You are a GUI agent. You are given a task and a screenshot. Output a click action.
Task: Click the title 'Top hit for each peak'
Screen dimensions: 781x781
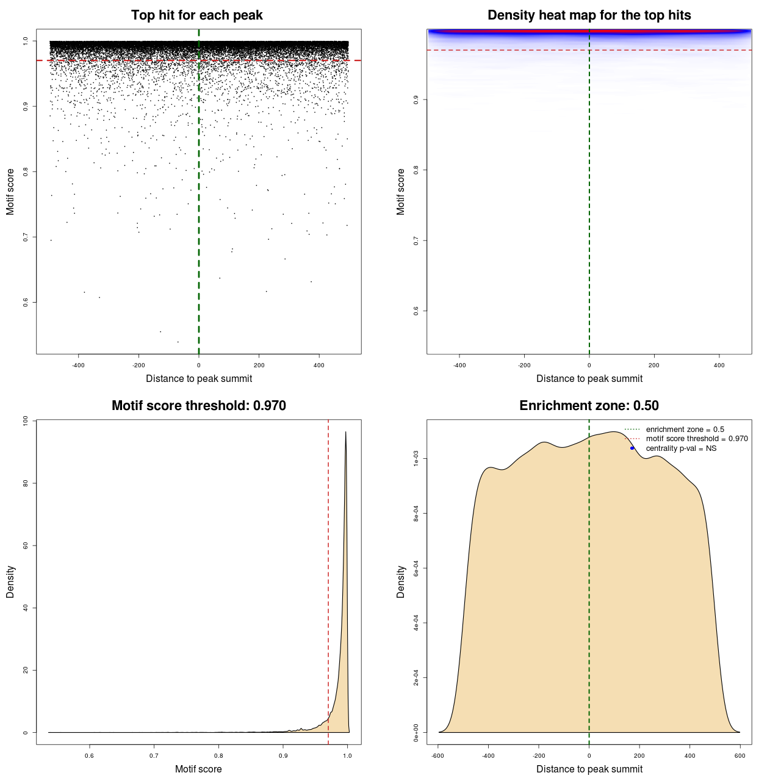coord(196,15)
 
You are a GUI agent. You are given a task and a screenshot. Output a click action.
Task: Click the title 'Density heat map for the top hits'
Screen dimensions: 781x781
coord(589,15)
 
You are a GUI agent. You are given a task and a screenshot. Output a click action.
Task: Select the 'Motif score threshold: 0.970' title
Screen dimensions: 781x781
coord(198,406)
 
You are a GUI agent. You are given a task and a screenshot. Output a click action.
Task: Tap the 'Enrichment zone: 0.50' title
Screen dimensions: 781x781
coord(589,406)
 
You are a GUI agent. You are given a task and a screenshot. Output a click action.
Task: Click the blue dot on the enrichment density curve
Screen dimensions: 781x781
coord(632,448)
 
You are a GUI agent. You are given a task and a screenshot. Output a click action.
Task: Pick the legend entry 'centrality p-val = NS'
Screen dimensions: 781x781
coord(681,448)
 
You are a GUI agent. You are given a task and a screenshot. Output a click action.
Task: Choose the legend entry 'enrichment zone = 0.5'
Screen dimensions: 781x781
coord(685,430)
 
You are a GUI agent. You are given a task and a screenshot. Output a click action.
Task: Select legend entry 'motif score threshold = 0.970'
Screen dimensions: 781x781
coord(697,439)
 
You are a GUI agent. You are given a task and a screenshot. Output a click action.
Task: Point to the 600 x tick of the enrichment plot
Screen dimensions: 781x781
coord(740,756)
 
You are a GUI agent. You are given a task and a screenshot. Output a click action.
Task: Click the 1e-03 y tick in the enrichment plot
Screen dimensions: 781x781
coord(416,459)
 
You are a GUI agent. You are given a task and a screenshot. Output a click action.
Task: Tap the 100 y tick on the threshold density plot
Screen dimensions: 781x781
coord(26,420)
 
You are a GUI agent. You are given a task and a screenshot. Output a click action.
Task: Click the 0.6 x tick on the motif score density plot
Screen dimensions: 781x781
coord(90,756)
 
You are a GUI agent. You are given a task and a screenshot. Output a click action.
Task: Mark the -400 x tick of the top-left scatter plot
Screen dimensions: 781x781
coord(78,365)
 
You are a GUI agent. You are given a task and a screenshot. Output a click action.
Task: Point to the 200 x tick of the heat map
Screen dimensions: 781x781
coord(654,365)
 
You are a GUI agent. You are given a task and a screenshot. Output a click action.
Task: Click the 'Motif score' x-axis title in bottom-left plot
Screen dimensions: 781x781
coord(198,769)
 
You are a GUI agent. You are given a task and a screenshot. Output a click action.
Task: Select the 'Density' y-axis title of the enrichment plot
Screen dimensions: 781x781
coord(401,581)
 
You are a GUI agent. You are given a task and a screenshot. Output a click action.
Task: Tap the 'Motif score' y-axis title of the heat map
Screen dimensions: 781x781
coord(401,192)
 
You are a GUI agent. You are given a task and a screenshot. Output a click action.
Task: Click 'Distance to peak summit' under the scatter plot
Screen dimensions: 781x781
coord(199,378)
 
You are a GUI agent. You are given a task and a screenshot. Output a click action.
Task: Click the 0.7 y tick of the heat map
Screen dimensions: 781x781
coord(416,241)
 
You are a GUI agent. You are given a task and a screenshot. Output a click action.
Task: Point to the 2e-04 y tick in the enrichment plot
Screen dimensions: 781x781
coord(416,677)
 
